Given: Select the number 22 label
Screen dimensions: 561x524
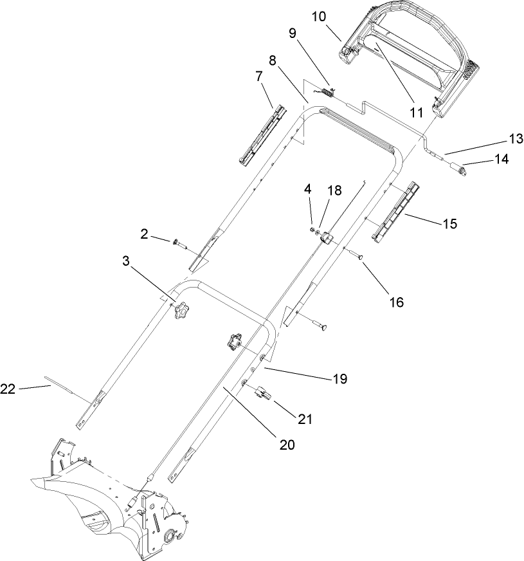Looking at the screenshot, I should point(8,388).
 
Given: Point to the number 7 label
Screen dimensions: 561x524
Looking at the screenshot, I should point(259,77).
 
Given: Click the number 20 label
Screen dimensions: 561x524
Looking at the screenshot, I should point(287,443).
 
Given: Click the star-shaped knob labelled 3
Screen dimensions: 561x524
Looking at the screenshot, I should point(179,311).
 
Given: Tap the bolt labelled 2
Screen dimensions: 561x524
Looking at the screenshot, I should point(178,243).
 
